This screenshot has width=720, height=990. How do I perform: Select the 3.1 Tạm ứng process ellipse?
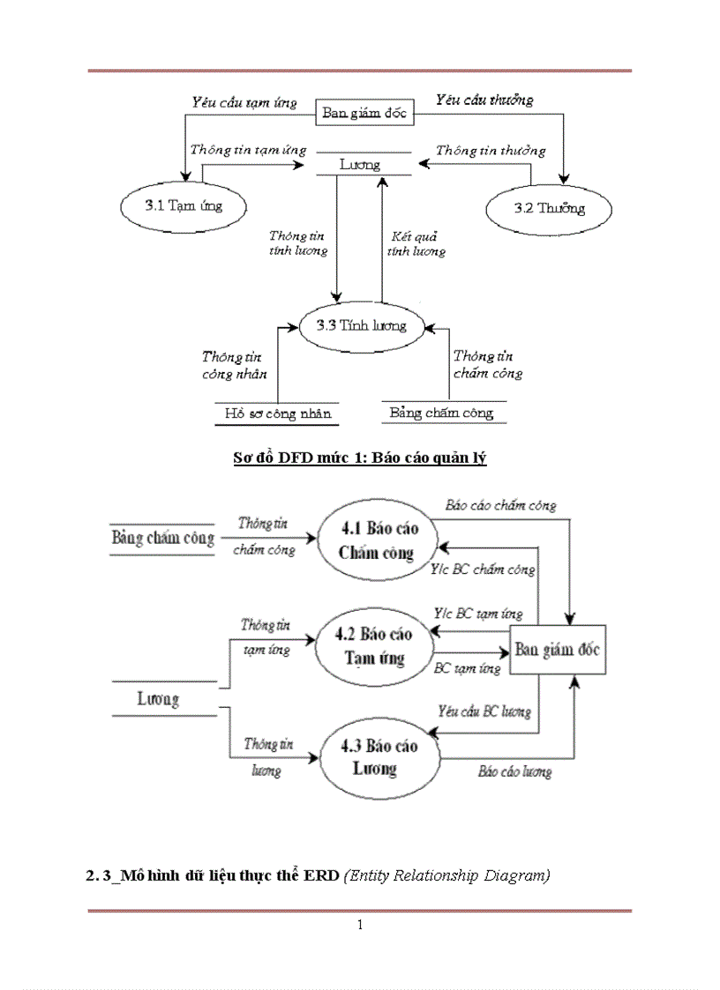[184, 206]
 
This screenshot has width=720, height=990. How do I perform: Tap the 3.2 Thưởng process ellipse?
[548, 209]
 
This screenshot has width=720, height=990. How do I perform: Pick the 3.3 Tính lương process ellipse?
[361, 325]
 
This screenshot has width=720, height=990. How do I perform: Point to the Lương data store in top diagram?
[360, 164]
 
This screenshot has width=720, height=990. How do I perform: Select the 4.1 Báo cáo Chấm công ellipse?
[379, 540]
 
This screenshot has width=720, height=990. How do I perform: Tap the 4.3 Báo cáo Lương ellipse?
[379, 757]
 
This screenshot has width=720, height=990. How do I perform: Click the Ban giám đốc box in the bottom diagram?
[557, 651]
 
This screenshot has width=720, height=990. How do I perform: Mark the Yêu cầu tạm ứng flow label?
[244, 102]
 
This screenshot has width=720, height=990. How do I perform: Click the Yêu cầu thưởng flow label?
[484, 100]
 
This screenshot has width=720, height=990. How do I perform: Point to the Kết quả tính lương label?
[416, 243]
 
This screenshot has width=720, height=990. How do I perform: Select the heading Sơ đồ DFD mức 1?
[360, 458]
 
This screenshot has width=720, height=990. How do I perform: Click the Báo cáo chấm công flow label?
[500, 506]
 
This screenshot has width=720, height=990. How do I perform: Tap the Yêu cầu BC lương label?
[485, 710]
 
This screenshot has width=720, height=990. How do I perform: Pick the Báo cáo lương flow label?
[514, 771]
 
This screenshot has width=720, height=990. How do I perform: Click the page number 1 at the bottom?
[360, 925]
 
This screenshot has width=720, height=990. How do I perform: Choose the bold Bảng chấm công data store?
[163, 538]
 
